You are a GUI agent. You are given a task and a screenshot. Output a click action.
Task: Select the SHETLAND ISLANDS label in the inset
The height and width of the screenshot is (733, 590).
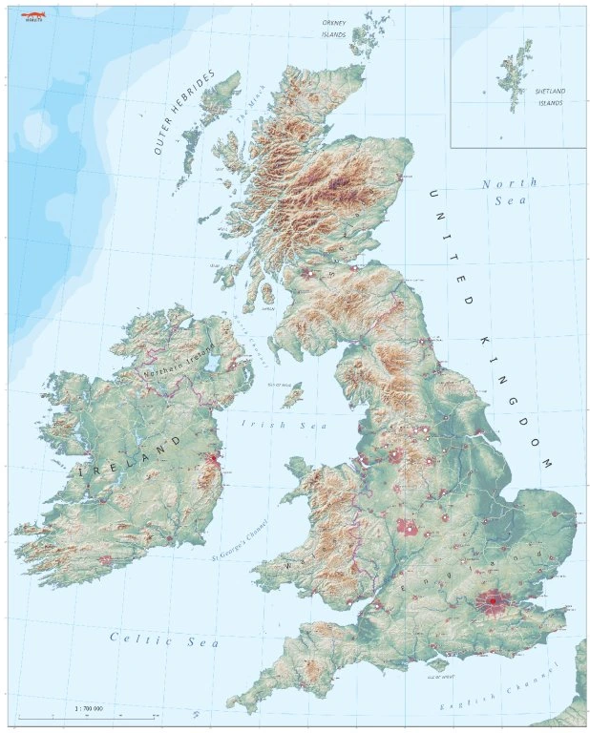550,96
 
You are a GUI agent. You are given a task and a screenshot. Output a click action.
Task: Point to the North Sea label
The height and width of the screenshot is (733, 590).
510,191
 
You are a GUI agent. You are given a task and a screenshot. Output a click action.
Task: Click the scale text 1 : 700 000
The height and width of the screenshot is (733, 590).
88,708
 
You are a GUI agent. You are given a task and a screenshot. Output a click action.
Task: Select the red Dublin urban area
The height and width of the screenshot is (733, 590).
212,461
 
